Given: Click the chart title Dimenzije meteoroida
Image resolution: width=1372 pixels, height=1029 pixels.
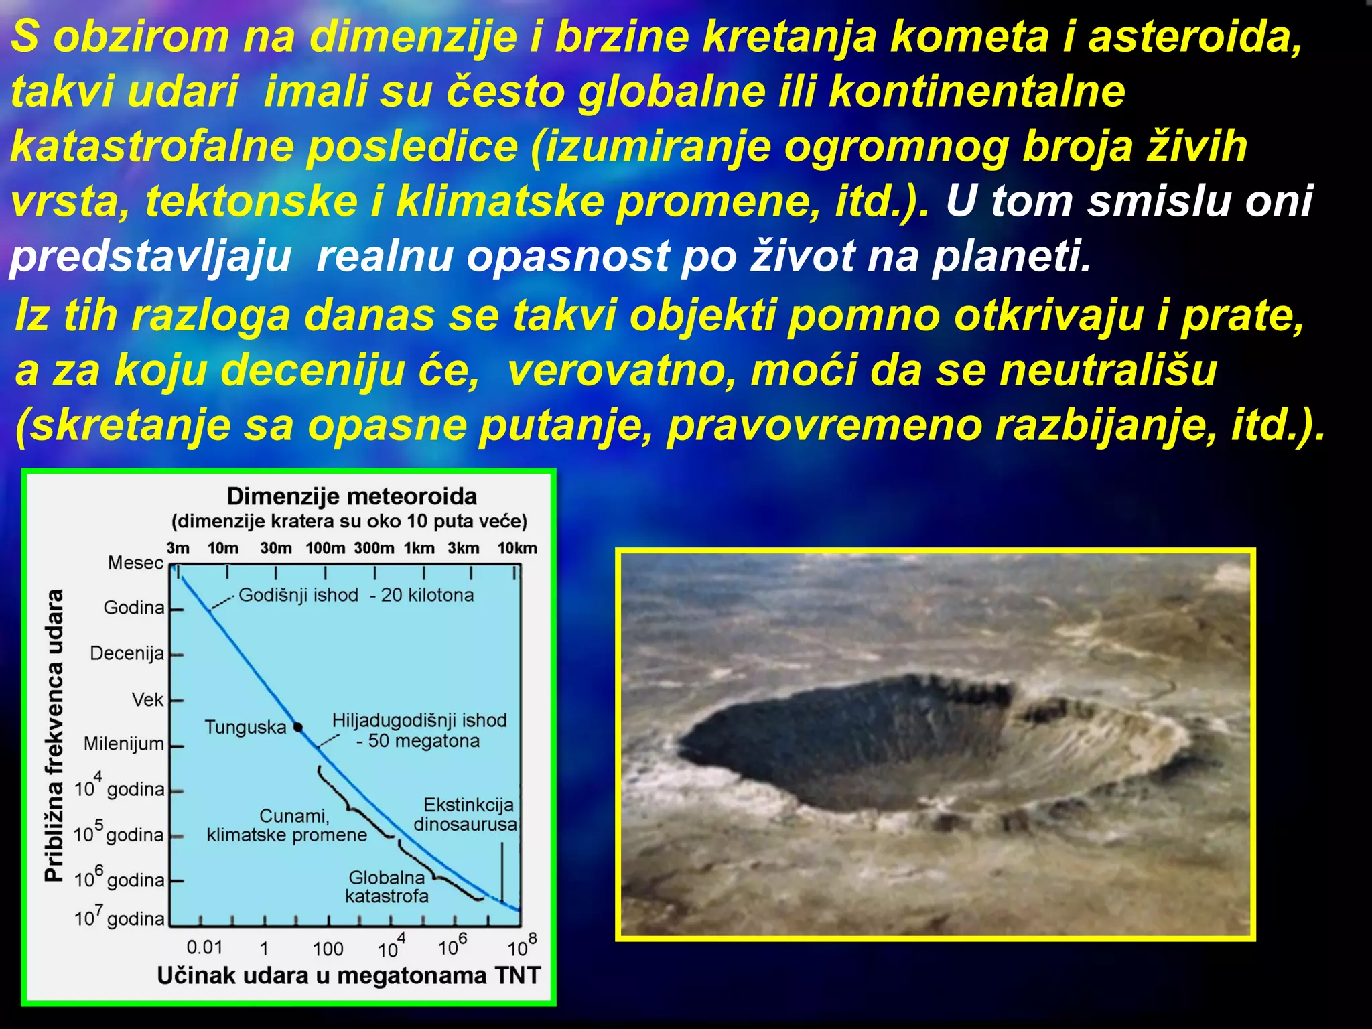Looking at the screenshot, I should [352, 497].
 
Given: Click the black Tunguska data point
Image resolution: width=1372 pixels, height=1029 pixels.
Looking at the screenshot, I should [298, 727].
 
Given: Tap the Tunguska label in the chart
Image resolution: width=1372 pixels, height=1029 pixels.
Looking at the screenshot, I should [245, 728].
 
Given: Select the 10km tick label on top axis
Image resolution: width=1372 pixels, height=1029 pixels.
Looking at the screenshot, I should [517, 549].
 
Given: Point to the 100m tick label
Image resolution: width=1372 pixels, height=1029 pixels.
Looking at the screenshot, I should [325, 549].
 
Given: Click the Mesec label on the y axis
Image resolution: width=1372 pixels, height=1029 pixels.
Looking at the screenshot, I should [135, 563].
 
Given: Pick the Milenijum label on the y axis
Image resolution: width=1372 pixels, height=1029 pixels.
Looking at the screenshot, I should [124, 744].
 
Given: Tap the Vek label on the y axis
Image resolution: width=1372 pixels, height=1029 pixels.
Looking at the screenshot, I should [147, 700].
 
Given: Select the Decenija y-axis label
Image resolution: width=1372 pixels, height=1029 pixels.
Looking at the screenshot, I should [127, 653].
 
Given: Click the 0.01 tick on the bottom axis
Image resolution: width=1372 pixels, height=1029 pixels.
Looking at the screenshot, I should [204, 947].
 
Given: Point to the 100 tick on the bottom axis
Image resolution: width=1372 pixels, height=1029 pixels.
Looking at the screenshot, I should [328, 949].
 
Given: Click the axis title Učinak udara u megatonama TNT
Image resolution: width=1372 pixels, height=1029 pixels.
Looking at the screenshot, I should [348, 976].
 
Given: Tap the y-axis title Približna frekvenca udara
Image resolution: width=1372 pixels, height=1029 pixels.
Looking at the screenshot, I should [54, 736].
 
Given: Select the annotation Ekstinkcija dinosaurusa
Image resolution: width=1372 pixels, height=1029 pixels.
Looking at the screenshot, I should [466, 815].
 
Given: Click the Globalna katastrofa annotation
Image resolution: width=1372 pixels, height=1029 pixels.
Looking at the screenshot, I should [387, 887].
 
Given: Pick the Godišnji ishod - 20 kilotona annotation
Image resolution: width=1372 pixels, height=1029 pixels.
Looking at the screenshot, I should [356, 595].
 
